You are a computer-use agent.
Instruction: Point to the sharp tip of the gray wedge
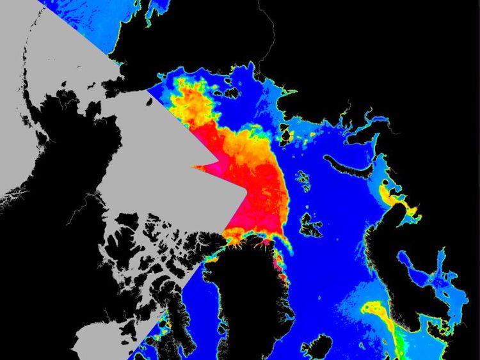pyautogui.click(x=194, y=168)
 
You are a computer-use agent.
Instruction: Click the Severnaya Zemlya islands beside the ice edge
pyautogui.click(x=285, y=134)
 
